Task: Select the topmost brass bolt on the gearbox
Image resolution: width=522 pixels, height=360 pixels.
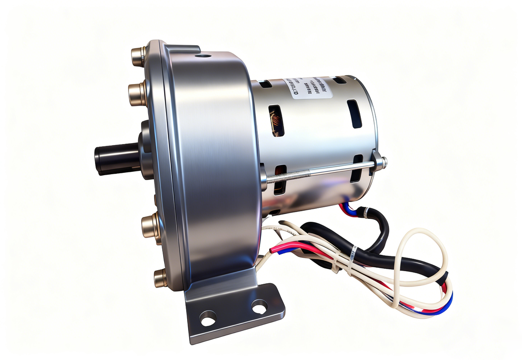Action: tap(138, 56)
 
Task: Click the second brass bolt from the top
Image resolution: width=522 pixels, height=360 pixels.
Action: tap(136, 93)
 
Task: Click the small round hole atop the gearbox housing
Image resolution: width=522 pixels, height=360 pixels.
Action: tap(203, 56)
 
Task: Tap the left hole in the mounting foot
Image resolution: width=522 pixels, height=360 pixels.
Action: tap(208, 318)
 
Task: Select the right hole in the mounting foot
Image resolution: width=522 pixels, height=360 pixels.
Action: tap(259, 306)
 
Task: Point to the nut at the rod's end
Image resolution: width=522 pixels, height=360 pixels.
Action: tap(380, 163)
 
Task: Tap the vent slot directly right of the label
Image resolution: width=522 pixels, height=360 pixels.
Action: tap(355, 113)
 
